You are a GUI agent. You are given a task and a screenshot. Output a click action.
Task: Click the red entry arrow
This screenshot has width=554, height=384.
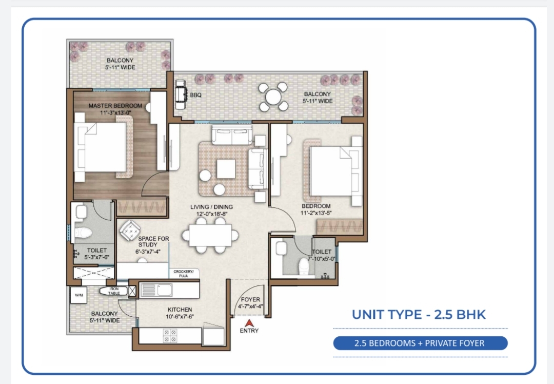tap(249, 323)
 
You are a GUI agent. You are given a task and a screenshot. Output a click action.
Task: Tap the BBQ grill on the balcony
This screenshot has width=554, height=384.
tap(182, 94)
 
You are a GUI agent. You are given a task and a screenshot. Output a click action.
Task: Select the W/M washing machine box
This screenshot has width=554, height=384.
tap(78, 295)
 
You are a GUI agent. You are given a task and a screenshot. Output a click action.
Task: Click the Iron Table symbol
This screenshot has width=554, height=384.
tap(113, 291)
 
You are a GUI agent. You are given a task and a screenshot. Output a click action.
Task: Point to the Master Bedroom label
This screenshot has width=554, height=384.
tap(115, 106)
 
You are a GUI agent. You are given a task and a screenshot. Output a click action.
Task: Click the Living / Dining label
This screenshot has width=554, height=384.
tap(211, 207)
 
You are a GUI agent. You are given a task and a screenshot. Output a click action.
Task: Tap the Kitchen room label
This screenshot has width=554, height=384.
tap(180, 310)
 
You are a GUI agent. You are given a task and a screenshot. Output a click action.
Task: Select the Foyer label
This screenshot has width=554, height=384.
tap(250, 299)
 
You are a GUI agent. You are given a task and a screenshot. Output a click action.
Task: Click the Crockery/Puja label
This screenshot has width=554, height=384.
tap(183, 273)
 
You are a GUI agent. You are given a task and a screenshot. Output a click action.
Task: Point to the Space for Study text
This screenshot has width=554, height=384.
tap(153, 241)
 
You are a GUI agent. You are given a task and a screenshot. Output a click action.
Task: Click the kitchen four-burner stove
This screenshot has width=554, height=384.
tap(170, 336)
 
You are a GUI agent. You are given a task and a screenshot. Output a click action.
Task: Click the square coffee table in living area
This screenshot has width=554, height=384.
tap(226, 169)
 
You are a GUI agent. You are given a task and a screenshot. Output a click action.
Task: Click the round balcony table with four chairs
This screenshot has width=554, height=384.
tap(273, 97)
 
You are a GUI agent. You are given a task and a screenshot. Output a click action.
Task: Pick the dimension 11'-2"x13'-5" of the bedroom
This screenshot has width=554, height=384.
tap(316, 213)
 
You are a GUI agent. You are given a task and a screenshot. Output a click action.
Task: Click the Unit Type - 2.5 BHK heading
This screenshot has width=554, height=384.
tap(419, 314)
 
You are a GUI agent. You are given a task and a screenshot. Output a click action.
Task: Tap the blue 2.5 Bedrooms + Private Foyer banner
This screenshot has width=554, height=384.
tap(420, 343)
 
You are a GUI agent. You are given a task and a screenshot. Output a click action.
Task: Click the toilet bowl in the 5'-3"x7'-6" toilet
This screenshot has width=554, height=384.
tap(84, 233)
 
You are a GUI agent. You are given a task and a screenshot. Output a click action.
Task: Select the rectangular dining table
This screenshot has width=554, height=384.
tap(210, 236)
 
